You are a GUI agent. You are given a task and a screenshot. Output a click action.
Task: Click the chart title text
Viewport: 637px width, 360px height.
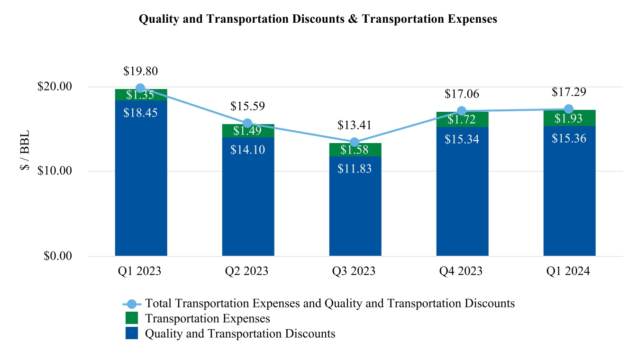click(x=318, y=19)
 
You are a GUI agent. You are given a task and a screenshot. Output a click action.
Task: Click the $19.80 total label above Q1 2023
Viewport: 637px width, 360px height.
click(x=140, y=71)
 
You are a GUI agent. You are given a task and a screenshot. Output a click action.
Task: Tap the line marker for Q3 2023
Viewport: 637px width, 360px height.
click(x=355, y=143)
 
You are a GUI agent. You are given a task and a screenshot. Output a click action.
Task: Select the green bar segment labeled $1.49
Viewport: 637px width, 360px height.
click(x=248, y=131)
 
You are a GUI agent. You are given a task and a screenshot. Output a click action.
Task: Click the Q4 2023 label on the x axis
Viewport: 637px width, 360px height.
click(x=462, y=271)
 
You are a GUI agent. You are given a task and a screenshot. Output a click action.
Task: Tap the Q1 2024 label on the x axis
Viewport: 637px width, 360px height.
click(x=569, y=271)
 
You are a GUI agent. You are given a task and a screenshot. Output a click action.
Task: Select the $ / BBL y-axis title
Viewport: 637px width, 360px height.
click(x=25, y=152)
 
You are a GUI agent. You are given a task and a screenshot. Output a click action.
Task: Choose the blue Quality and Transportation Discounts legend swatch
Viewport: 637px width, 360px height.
click(x=132, y=333)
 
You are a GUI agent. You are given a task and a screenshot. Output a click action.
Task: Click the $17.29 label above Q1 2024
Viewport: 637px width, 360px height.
click(x=569, y=92)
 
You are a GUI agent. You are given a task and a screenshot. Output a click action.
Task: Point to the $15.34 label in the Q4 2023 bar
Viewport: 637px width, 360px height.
click(x=462, y=139)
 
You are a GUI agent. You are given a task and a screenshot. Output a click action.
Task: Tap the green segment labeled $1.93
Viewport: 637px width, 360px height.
click(x=569, y=118)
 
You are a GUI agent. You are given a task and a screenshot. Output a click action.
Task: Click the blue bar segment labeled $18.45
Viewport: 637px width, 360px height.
click(x=141, y=180)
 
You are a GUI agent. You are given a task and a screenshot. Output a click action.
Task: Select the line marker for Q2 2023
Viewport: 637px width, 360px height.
click(x=247, y=124)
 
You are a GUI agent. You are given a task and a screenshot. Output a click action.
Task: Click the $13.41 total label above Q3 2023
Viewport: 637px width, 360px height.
click(x=355, y=126)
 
